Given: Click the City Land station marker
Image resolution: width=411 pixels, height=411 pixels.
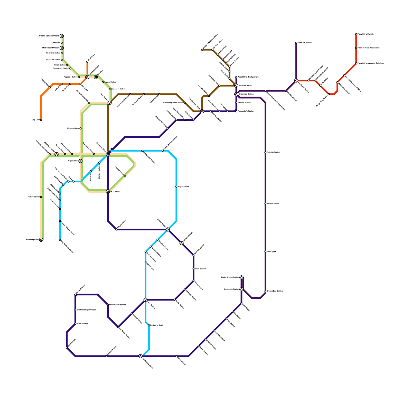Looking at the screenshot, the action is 41,120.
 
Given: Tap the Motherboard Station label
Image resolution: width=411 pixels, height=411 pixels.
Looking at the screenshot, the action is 51,48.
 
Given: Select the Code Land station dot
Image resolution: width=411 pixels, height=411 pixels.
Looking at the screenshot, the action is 62,43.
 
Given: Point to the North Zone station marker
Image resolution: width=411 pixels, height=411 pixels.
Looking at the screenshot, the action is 87,62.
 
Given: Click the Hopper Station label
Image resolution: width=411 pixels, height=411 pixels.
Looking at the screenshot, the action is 110,82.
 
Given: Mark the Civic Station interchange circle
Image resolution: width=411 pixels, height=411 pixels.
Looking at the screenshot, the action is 110,103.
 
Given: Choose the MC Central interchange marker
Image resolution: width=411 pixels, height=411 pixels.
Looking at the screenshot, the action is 108,192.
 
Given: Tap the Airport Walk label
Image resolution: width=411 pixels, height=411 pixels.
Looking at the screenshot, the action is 73,161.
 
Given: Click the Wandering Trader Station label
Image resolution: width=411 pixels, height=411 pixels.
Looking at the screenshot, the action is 173,103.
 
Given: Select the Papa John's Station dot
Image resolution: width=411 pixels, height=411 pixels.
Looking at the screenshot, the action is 236,111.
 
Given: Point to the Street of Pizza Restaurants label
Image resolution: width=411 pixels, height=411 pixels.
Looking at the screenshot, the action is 369,48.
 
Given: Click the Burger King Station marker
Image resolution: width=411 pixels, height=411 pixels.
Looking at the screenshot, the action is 329,94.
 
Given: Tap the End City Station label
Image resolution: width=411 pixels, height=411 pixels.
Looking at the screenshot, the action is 273,152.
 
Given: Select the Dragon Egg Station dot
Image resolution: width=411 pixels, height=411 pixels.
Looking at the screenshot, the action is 265,291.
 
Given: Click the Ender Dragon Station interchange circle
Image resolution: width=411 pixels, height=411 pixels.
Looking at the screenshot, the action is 241,277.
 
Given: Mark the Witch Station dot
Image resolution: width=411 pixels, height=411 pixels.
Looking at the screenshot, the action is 193,269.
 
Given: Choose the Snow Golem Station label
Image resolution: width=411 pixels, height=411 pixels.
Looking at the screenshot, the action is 117,305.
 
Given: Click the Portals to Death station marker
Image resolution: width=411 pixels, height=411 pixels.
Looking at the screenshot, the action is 149,325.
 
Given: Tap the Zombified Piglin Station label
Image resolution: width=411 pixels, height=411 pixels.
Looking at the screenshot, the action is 86,310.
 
